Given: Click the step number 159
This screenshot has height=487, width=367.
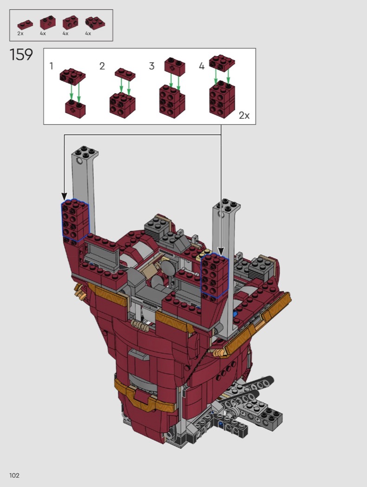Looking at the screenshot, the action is pos(21,55).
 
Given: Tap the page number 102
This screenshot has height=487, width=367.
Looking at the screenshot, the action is pos(14,475).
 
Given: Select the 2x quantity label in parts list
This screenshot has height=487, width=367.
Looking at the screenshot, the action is pos(20,33).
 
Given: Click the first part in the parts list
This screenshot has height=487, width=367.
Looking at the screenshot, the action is pos(25,25).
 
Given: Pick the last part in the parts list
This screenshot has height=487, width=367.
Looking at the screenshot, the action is pos(95,23).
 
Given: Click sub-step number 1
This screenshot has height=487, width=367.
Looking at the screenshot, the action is pos(51,66).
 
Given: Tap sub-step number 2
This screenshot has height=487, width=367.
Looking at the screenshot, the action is pos(102,66).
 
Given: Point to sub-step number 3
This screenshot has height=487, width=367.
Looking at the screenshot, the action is pos(151,66).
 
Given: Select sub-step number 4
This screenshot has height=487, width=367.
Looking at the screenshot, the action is pos(202,66).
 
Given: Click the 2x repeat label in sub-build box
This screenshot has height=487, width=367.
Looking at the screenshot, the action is pos(244,115).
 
